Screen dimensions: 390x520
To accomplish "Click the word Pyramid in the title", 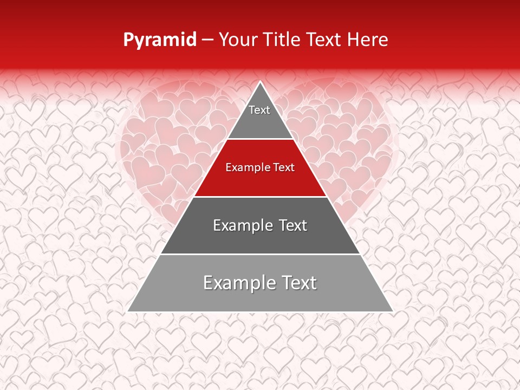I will pyautogui.click(x=159, y=40).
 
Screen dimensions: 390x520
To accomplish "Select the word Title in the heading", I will pyautogui.click(x=285, y=40).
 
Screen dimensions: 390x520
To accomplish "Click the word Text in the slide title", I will pyautogui.click(x=325, y=40).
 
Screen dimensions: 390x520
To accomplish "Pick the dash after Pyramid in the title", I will pyautogui.click(x=207, y=40).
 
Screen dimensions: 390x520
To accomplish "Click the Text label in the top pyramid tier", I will pyautogui.click(x=259, y=110).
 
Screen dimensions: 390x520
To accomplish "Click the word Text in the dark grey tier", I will pyautogui.click(x=293, y=225).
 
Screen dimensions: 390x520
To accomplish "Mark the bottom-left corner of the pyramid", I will pyautogui.click(x=127, y=311).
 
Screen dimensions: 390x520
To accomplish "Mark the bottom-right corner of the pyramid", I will pyautogui.click(x=393, y=311).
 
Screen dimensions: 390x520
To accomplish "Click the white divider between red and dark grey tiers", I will pyautogui.click(x=261, y=197).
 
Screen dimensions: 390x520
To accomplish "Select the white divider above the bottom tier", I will pyautogui.click(x=261, y=254).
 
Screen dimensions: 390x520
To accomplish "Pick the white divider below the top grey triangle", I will pyautogui.click(x=261, y=139).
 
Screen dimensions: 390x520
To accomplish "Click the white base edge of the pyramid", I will pyautogui.click(x=261, y=312).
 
